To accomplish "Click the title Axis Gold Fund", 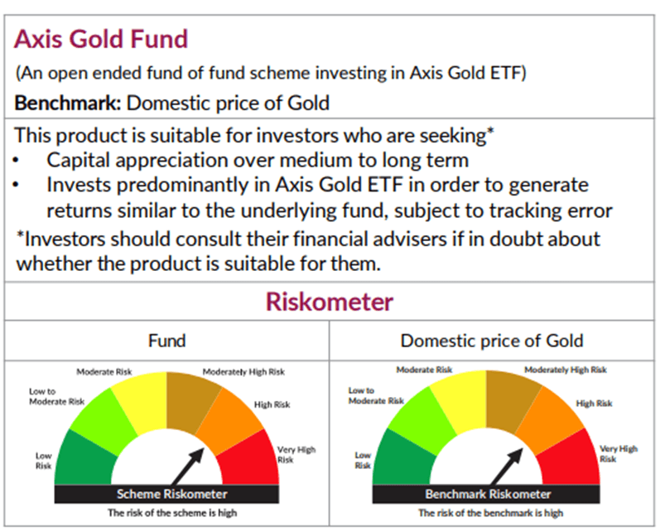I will pos(102,39).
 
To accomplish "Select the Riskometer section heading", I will pos(330,301).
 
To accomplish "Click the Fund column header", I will pos(166,340).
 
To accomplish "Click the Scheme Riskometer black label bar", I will pos(166,494).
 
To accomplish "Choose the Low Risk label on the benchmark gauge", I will pos(363,460).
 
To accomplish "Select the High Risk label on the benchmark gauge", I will pos(594,404).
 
